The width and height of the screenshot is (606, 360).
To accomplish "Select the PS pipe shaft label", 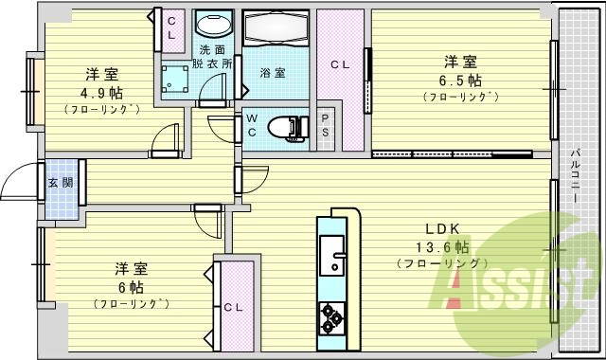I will pyautogui.click(x=326, y=126).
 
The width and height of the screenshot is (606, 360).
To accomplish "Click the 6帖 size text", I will pyautogui.click(x=131, y=286).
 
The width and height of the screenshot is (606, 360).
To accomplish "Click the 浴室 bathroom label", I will pyautogui.click(x=273, y=72).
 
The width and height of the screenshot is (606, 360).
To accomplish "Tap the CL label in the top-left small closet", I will pyautogui.click(x=171, y=28).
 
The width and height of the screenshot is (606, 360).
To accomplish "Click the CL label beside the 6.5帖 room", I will pyautogui.click(x=339, y=65).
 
